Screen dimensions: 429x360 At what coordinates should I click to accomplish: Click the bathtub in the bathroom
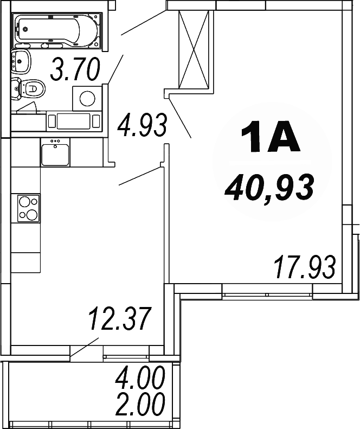tap(57, 30)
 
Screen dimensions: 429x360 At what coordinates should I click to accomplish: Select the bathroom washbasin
tap(21, 61)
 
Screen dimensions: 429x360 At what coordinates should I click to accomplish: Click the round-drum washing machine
tap(87, 98)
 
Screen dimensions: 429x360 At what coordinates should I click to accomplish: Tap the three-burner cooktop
tap(29, 208)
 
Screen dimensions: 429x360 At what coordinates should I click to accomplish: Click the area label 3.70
tap(75, 70)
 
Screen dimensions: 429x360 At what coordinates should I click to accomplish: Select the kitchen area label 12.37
tap(119, 318)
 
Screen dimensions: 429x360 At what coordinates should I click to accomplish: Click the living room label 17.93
tap(305, 267)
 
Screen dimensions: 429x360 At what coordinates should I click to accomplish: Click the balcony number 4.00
tap(139, 379)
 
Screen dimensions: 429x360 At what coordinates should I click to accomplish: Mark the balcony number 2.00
tap(139, 404)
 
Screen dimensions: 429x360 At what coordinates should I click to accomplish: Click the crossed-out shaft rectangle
tap(194, 49)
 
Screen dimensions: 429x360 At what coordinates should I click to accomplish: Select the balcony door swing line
tap(85, 347)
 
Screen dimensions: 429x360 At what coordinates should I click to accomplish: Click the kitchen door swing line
tap(140, 177)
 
